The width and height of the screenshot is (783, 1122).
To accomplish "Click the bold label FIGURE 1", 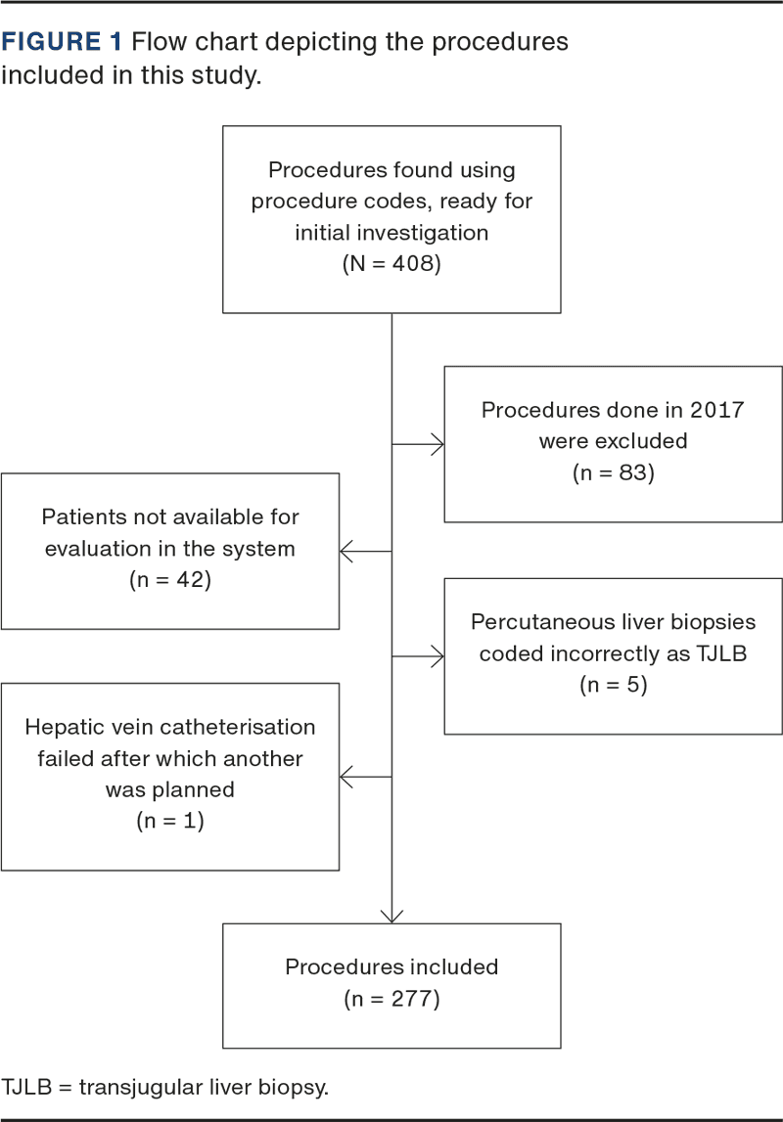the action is tap(62, 42).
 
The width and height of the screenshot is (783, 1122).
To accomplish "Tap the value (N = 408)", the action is tap(391, 264).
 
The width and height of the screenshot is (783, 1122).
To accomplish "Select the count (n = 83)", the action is tap(614, 473).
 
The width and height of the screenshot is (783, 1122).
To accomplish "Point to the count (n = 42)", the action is tap(170, 580).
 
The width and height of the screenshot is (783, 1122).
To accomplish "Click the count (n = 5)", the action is tap(614, 685).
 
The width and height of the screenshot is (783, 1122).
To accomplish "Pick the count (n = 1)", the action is tap(170, 821).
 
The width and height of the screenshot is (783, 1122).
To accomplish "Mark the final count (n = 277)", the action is tap(391, 999).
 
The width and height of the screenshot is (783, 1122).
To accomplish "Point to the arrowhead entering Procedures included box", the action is tap(391, 917).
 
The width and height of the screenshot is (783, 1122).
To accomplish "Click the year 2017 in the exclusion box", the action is tap(716, 410).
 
